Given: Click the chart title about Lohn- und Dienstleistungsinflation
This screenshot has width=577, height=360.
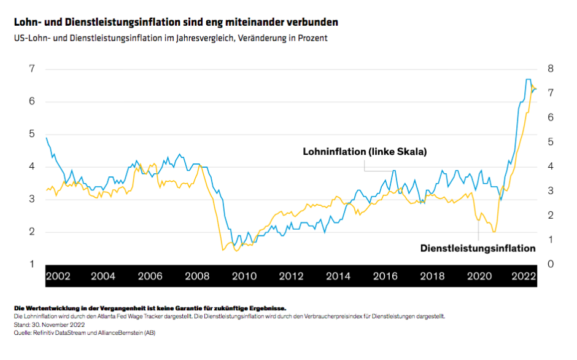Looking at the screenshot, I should point(176,22).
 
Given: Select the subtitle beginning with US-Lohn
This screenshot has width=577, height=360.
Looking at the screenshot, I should point(171,38).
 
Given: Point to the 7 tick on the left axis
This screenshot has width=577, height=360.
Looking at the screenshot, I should point(31,68).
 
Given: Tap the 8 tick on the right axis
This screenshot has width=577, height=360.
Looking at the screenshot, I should point(551,68).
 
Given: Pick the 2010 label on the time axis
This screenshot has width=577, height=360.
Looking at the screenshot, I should point(244,276).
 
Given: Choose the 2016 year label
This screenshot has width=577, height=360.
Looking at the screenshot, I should point(385,276).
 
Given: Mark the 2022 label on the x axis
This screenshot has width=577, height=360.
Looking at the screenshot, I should point(525,276).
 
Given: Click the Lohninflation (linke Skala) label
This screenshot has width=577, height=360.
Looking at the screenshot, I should point(365,151).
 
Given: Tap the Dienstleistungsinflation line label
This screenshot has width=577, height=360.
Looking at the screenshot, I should point(478,248).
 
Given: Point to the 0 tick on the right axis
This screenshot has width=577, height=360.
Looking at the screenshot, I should point(551,264).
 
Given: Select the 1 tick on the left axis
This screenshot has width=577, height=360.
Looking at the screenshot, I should point(31,264).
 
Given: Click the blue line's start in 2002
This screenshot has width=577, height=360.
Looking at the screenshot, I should point(47,138).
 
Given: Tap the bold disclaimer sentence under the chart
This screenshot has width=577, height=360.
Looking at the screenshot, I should point(149,308).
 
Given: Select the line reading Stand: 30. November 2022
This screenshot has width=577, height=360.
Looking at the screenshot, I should point(49,324).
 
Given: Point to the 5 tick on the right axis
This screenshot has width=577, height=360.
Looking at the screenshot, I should point(551,141).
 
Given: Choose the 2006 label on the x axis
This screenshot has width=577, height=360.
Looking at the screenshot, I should point(150,276).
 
